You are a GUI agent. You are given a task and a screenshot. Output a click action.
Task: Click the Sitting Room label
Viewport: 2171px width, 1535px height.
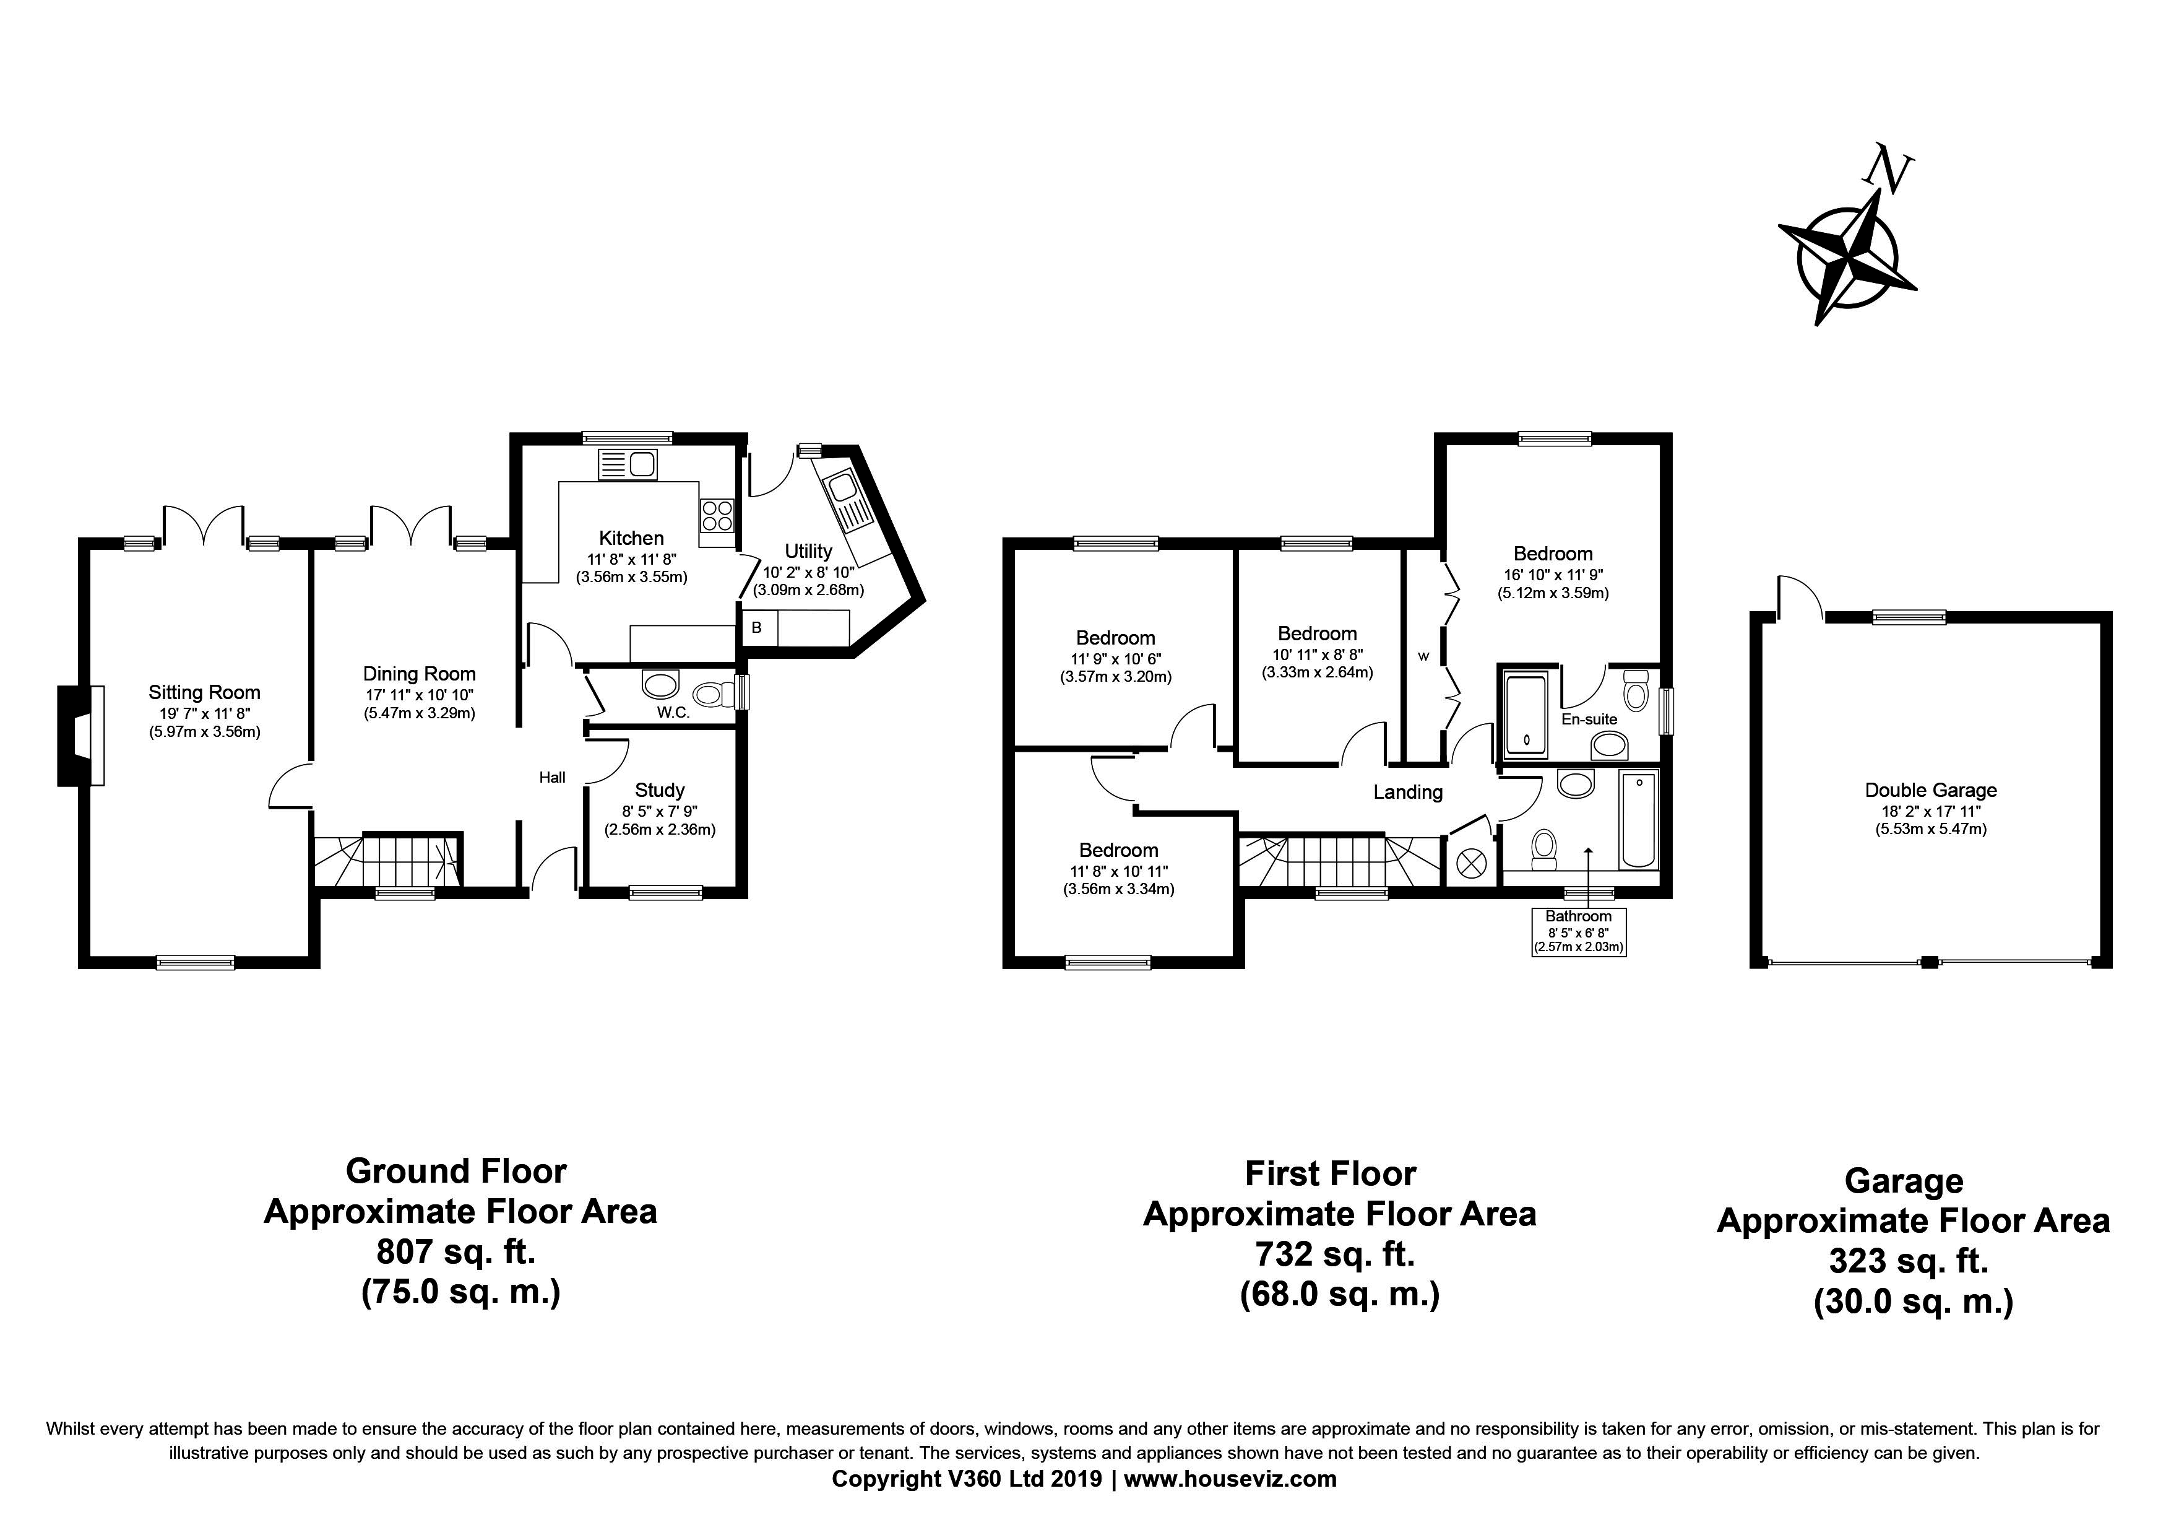pyautogui.click(x=204, y=692)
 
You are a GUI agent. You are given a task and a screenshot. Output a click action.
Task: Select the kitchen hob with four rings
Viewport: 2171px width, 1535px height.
pyautogui.click(x=716, y=515)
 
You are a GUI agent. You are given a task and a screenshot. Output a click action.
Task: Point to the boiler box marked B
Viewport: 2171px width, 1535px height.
pyautogui.click(x=756, y=628)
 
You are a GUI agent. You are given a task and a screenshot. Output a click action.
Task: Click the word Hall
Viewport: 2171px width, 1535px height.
pyautogui.click(x=552, y=778)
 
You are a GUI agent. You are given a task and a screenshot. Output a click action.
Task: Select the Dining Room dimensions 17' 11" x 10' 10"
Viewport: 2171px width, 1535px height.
pyautogui.click(x=419, y=695)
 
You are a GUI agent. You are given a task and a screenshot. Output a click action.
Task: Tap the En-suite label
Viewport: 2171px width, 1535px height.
pyautogui.click(x=1589, y=719)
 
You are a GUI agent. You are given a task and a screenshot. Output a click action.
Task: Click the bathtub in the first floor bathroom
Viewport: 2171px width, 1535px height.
pyautogui.click(x=1639, y=819)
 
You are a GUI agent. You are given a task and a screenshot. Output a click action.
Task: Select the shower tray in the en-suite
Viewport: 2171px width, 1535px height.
pyautogui.click(x=1524, y=715)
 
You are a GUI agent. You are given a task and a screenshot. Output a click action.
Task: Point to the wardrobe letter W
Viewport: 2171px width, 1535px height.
pyautogui.click(x=1423, y=656)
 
